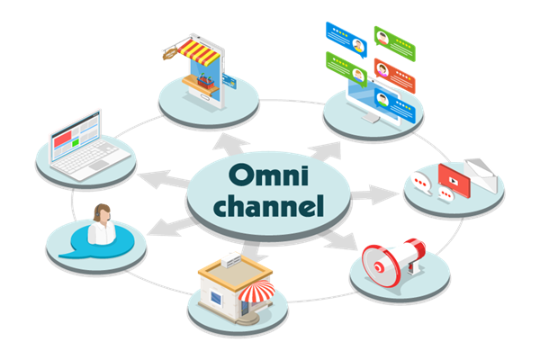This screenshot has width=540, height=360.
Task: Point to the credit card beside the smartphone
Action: coord(229,82)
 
